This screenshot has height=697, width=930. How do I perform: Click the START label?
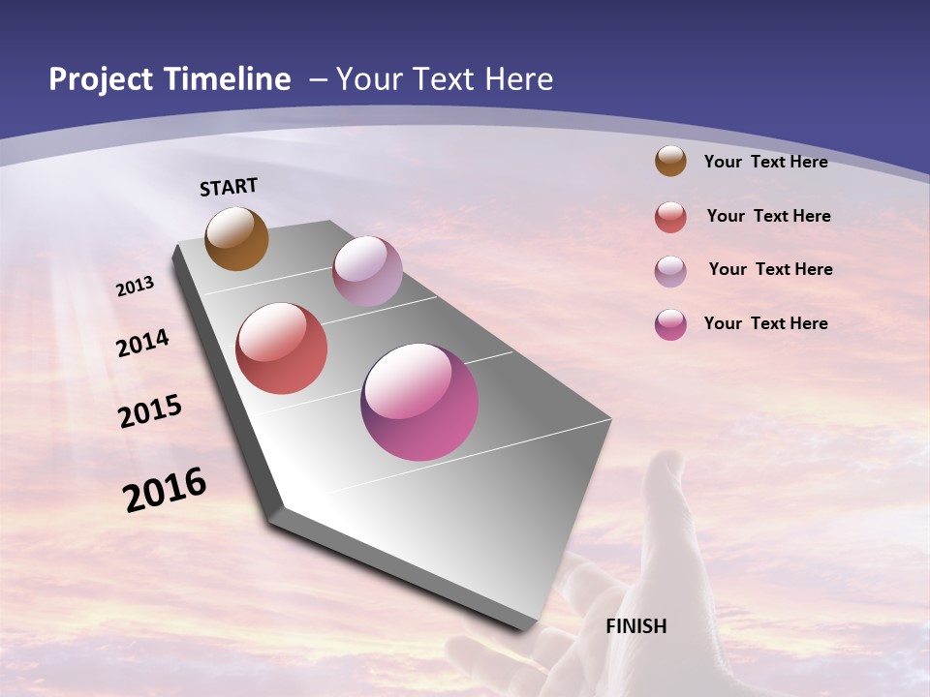pyautogui.click(x=229, y=187)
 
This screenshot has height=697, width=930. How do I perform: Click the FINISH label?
pyautogui.click(x=636, y=626)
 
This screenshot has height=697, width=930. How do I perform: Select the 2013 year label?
pyautogui.click(x=136, y=287)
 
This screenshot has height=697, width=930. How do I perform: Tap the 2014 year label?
pyautogui.click(x=143, y=343)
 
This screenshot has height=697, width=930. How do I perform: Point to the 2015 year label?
pyautogui.click(x=150, y=411)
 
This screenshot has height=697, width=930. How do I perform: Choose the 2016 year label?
pyautogui.click(x=165, y=489)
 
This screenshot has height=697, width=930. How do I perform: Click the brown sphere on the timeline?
pyautogui.click(x=236, y=238)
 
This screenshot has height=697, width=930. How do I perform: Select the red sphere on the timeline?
pyautogui.click(x=282, y=348)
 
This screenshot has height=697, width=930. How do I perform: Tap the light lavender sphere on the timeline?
pyautogui.click(x=367, y=271)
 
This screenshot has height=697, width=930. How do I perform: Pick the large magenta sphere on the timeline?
pyautogui.click(x=419, y=402)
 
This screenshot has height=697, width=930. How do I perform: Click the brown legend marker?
pyautogui.click(x=670, y=161)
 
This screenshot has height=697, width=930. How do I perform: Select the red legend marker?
pyautogui.click(x=670, y=217)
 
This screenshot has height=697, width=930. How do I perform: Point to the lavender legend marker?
pyautogui.click(x=670, y=271)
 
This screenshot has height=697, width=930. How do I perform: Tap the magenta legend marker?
pyautogui.click(x=670, y=324)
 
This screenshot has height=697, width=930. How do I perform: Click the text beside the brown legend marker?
pyautogui.click(x=765, y=162)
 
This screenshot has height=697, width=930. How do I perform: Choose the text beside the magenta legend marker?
pyautogui.click(x=765, y=323)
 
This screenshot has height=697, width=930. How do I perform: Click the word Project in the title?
pyautogui.click(x=102, y=79)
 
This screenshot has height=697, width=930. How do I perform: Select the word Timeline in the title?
pyautogui.click(x=229, y=79)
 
